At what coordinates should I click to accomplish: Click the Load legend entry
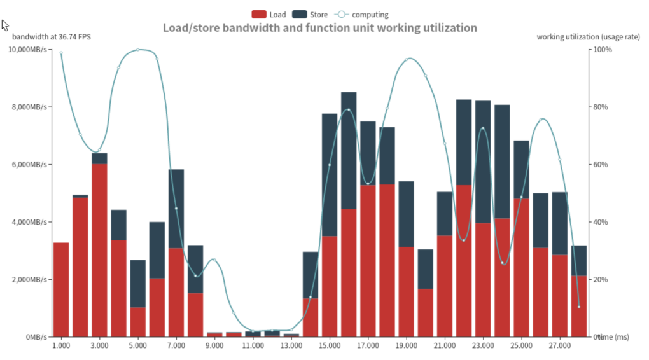click(x=269, y=14)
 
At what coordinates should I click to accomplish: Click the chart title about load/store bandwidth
click(x=319, y=28)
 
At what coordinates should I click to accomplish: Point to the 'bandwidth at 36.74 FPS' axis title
click(x=52, y=37)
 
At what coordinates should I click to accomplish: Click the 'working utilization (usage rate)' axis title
click(x=588, y=37)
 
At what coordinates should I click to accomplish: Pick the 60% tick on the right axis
click(x=602, y=165)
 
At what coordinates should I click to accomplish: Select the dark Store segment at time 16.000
click(x=349, y=151)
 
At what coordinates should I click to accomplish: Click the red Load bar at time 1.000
click(x=61, y=289)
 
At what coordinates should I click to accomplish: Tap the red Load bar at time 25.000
click(x=521, y=268)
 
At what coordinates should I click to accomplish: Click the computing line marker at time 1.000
click(x=61, y=53)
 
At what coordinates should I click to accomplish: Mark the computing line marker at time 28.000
click(x=578, y=307)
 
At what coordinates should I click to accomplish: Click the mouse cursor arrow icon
click(x=4, y=25)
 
